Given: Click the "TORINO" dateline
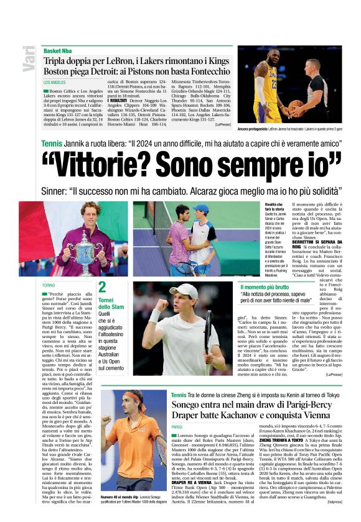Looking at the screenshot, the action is pos(49,285).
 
